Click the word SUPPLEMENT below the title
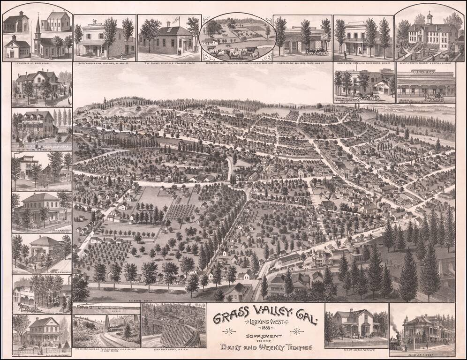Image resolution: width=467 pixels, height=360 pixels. coord(265,336)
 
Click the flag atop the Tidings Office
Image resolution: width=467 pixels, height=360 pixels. coord(177,20)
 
